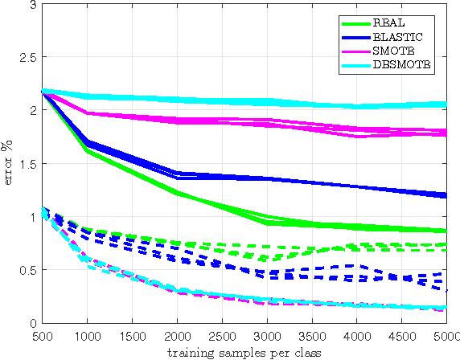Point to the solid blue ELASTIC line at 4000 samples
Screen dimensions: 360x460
tap(352, 186)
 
